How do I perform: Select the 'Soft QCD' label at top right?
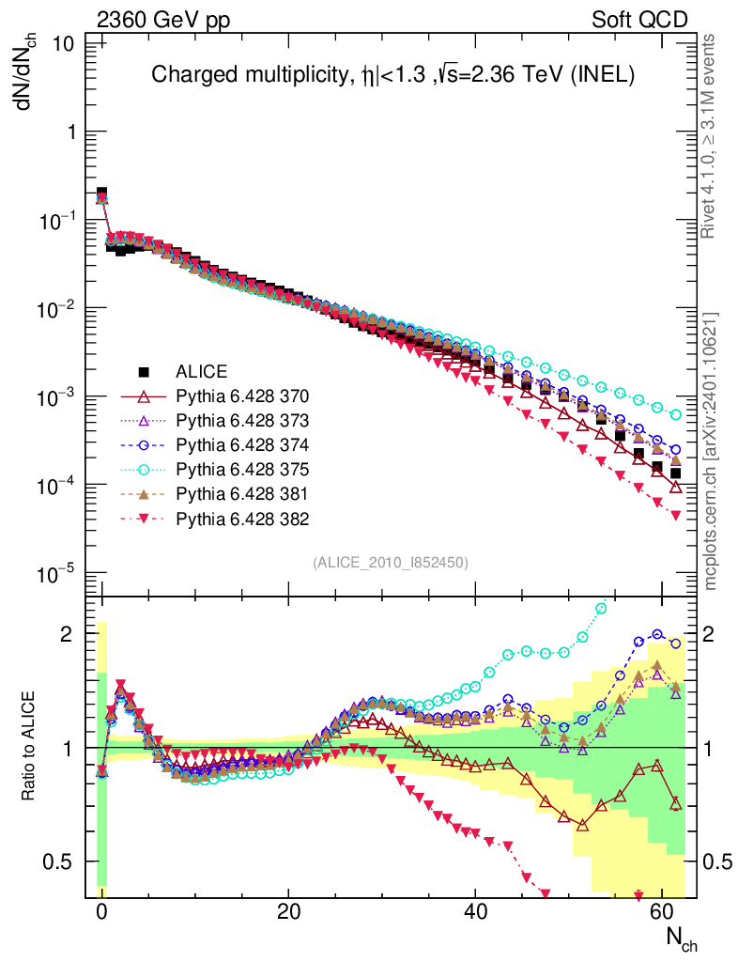[x=639, y=20]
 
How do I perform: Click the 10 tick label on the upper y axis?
[x=65, y=44]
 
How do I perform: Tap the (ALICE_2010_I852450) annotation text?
[x=390, y=562]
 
